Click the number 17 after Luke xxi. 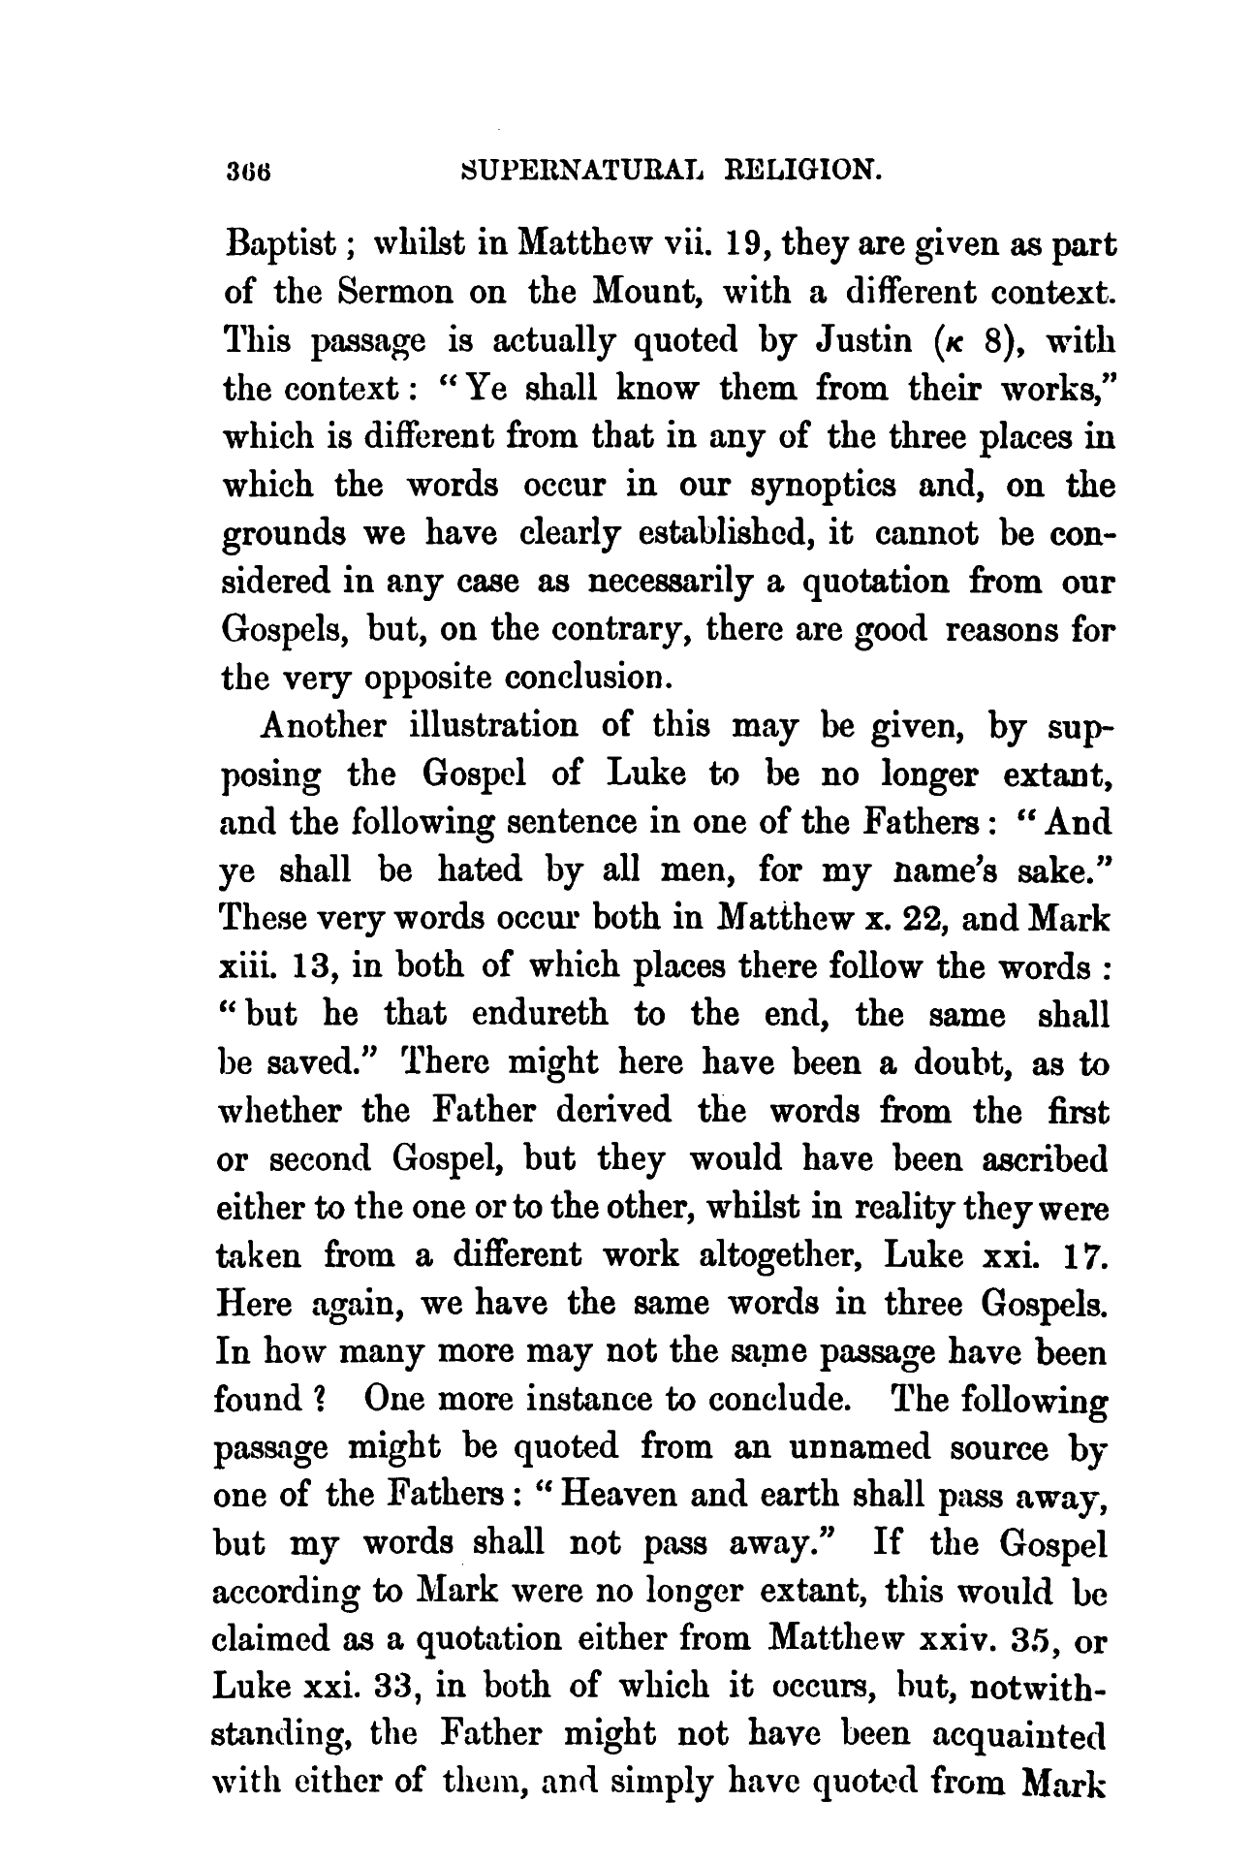1086,1256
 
